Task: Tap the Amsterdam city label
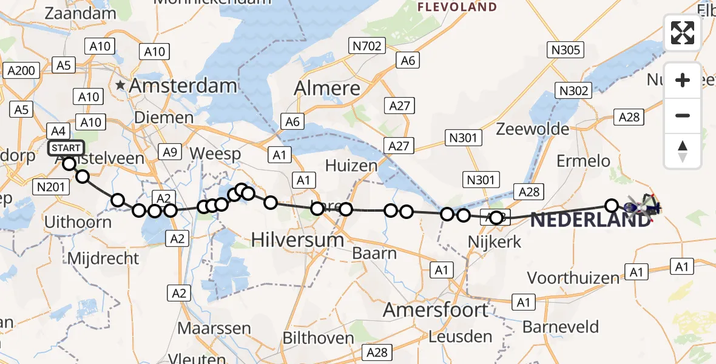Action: click(x=183, y=86)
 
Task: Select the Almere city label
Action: click(x=327, y=89)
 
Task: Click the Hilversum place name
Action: click(x=297, y=240)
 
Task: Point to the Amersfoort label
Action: click(x=436, y=310)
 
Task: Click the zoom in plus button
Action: click(x=683, y=81)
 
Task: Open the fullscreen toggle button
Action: click(x=683, y=33)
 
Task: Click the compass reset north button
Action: click(x=683, y=151)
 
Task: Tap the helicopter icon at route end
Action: click(x=641, y=207)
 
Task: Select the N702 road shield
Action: click(x=367, y=45)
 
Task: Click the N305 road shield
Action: click(x=566, y=50)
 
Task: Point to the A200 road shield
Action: click(x=21, y=71)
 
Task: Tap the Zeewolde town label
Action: click(x=533, y=129)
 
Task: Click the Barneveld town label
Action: click(x=561, y=327)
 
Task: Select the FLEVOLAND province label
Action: click(x=457, y=7)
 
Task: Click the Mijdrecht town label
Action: click(x=103, y=258)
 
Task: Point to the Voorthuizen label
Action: click(x=573, y=278)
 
